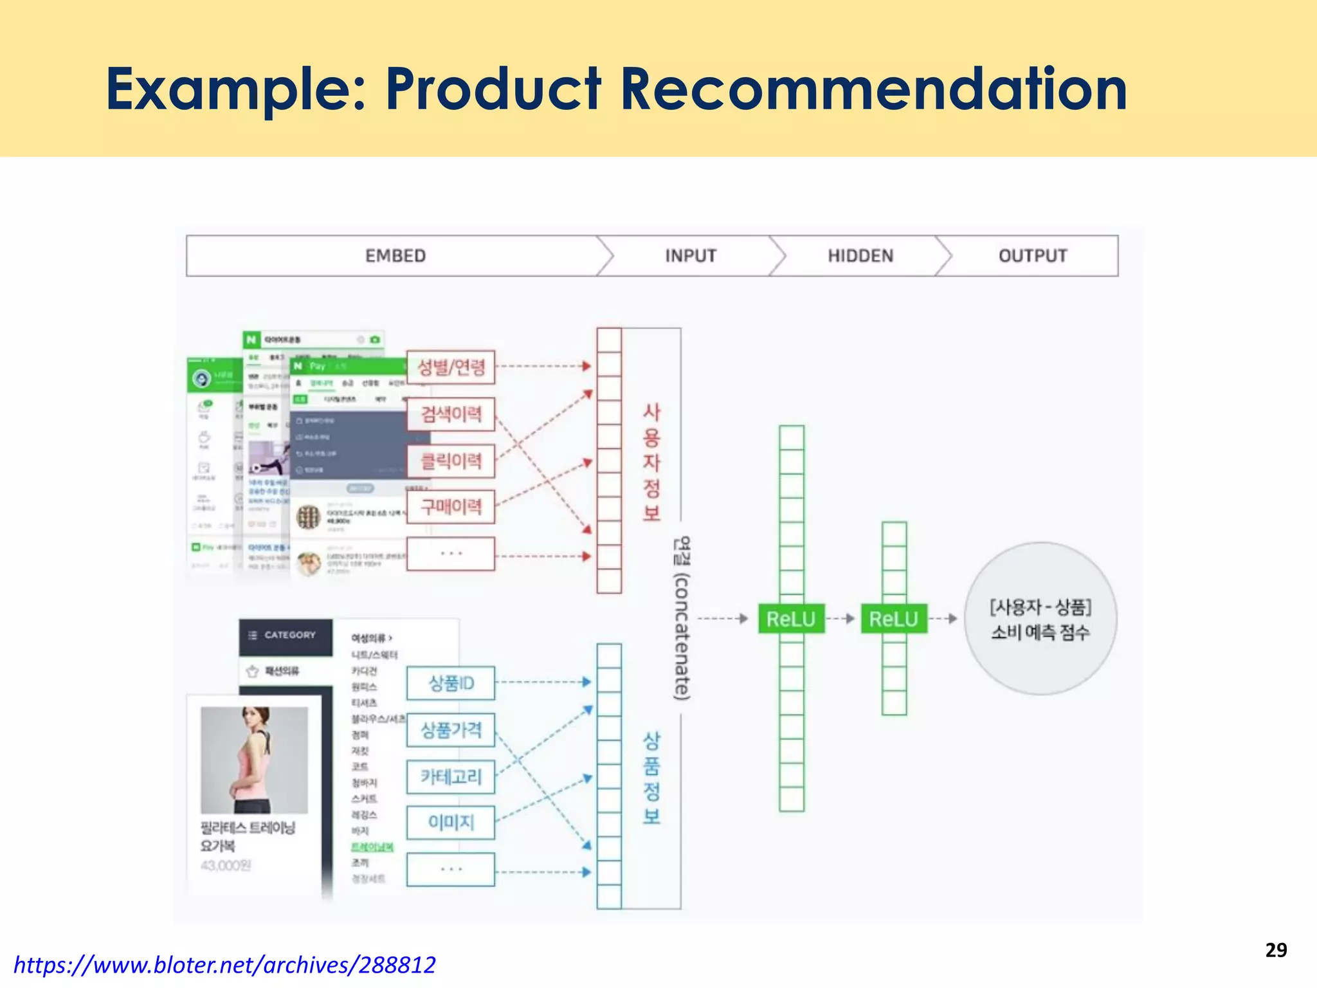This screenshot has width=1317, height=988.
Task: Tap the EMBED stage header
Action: point(395,256)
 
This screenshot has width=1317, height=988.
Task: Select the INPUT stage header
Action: point(691,256)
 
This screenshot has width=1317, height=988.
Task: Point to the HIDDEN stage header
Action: point(860,256)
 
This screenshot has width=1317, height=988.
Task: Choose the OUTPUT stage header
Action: point(1033,256)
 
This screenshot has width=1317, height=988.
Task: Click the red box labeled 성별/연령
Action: point(451,367)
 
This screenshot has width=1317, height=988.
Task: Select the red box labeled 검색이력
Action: point(451,414)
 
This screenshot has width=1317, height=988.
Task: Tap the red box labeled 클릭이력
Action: point(451,461)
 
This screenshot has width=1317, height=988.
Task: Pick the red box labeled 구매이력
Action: point(451,507)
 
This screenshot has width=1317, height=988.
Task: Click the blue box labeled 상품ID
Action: point(451,683)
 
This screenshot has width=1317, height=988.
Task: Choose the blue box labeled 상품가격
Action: point(451,730)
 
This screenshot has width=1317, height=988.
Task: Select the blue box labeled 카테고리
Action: point(451,777)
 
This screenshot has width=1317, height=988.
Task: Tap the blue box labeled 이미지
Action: point(451,823)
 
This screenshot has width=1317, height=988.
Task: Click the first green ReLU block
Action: point(791,619)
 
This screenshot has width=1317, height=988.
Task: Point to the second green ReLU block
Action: point(894,619)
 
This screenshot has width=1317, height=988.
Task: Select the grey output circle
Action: point(1040,619)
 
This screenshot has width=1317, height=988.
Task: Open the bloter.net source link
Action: point(224,965)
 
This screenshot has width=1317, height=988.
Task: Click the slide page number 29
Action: point(1276,950)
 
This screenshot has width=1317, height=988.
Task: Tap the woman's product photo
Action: point(254,760)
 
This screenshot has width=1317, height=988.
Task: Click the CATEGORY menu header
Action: point(286,636)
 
